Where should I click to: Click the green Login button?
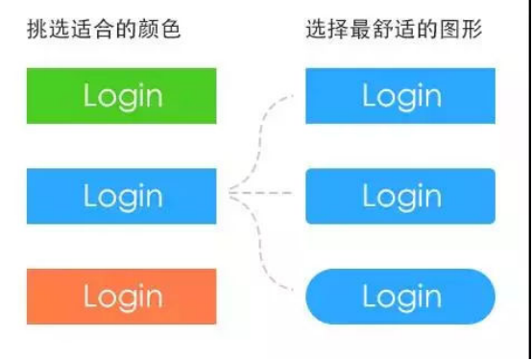121,96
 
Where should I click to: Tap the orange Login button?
121,297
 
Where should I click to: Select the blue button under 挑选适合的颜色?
121,196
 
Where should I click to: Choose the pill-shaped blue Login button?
400,298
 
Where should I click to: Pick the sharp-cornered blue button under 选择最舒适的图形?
400,96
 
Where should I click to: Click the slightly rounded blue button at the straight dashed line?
400,196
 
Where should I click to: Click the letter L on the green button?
90,96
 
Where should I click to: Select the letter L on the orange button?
90,297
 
